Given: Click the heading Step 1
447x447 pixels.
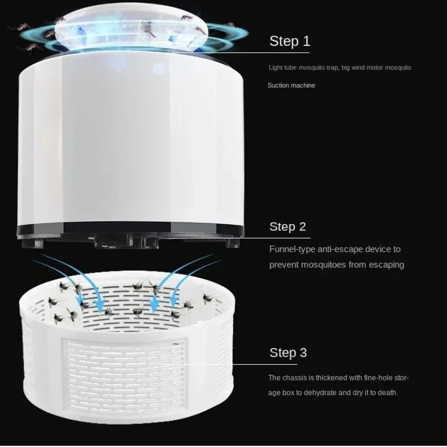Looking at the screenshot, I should [x=289, y=41].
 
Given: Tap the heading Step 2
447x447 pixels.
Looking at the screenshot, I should [x=288, y=226].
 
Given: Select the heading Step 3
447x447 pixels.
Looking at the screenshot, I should [x=288, y=353].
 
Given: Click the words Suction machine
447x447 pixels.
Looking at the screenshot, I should [x=291, y=85].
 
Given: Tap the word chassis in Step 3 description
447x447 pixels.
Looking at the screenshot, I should [x=294, y=378].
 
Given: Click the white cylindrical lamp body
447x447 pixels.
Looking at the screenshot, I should [x=131, y=140].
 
